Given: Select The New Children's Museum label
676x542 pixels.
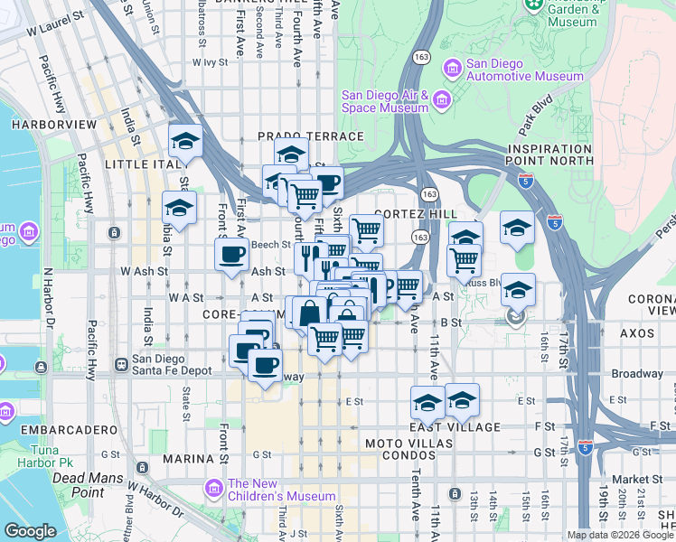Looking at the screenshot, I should click(x=281, y=489).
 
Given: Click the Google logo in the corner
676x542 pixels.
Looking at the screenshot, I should click(x=29, y=531).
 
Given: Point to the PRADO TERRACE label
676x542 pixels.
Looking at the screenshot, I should click(x=310, y=136).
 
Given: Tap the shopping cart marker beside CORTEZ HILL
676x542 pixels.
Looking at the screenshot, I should click(x=366, y=231).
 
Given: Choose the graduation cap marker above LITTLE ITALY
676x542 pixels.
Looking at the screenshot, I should click(x=185, y=141).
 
